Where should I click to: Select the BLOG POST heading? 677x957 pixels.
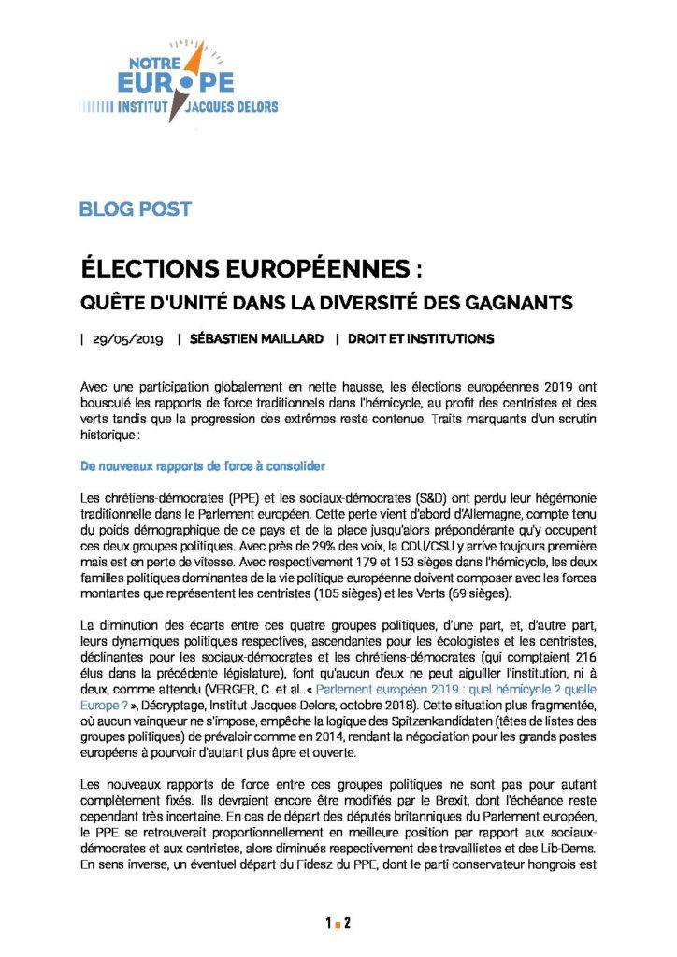coord(136,208)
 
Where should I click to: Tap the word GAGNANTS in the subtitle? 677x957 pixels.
coord(530,304)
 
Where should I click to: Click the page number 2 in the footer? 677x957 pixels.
coord(347,924)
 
